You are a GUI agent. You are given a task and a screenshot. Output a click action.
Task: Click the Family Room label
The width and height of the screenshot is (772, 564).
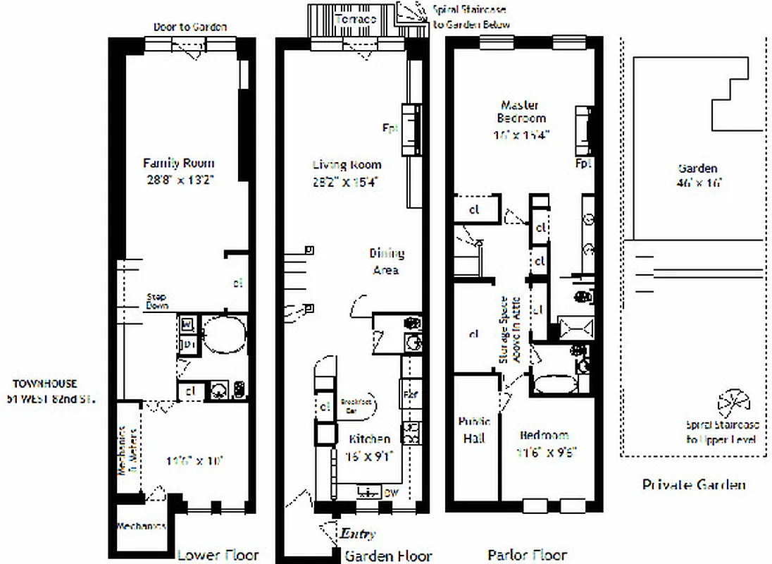tap(179, 162)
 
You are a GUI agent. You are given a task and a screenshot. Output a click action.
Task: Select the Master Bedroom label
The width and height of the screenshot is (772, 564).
tap(521, 111)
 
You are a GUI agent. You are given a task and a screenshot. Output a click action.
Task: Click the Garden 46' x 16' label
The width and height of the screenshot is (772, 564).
tap(697, 175)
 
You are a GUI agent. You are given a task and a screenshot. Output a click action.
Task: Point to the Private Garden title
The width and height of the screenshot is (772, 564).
tap(694, 484)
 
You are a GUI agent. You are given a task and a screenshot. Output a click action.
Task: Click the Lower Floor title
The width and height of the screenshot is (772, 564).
tap(218, 555)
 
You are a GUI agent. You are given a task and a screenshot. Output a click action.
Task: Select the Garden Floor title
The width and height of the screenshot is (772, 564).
tap(387, 556)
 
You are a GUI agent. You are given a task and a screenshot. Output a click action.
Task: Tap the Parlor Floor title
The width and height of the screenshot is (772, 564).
tap(527, 555)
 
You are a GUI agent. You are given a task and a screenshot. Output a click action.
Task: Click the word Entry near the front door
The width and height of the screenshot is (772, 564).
tap(359, 534)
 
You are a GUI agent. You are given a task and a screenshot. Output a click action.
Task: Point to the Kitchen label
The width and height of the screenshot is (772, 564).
tap(370, 439)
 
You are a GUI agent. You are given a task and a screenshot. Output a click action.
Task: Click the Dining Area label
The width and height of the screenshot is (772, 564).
tap(387, 262)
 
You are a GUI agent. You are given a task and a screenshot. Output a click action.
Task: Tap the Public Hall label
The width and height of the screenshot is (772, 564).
tap(476, 431)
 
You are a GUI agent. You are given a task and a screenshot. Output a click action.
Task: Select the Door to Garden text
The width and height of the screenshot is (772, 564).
tap(190, 27)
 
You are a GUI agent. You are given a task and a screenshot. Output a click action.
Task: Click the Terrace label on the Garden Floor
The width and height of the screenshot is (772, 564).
tap(355, 18)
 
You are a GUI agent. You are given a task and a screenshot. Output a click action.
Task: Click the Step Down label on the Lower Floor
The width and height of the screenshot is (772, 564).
tap(157, 301)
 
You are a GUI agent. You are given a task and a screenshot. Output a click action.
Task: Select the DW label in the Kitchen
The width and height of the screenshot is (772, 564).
tap(392, 493)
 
